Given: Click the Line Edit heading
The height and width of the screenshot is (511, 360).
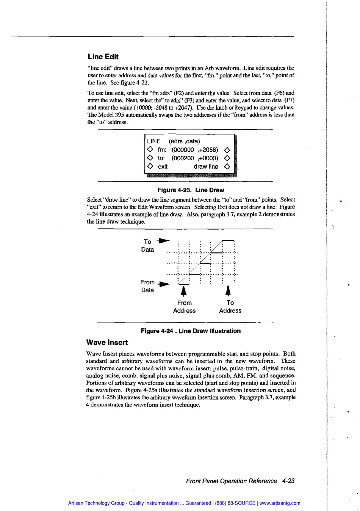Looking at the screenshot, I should pyautogui.click(x=103, y=57).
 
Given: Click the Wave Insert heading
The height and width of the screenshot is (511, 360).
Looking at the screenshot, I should pyautogui.click(x=107, y=343).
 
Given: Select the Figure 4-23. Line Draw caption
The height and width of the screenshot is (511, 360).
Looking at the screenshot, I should pyautogui.click(x=191, y=190).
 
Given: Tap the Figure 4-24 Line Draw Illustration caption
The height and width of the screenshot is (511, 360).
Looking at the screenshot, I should pyautogui.click(x=191, y=331).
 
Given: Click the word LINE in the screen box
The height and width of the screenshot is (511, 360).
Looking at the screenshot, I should pyautogui.click(x=153, y=141).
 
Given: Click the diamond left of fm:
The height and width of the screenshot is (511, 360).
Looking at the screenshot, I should pyautogui.click(x=150, y=150).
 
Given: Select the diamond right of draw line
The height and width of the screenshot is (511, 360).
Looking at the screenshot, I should pyautogui.click(x=227, y=166).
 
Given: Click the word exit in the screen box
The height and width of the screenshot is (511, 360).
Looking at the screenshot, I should pyautogui.click(x=163, y=166).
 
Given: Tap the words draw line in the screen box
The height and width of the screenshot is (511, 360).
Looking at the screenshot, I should pyautogui.click(x=206, y=166).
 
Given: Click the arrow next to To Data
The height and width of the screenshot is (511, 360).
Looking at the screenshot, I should pyautogui.click(x=164, y=241).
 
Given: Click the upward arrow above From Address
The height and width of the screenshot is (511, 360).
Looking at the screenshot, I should pyautogui.click(x=184, y=291).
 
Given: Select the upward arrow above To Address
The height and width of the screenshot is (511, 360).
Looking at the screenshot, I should pyautogui.click(x=228, y=291).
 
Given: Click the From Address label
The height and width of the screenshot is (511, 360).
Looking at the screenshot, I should pyautogui.click(x=184, y=307).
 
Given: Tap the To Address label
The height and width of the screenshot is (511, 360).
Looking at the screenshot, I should pyautogui.click(x=230, y=307).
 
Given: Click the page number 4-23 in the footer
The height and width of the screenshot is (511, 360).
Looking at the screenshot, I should pyautogui.click(x=288, y=481).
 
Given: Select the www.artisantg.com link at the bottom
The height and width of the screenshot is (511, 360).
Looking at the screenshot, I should pyautogui.click(x=280, y=503).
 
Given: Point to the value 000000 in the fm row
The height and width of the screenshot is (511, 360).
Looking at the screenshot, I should pyautogui.click(x=184, y=150).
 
